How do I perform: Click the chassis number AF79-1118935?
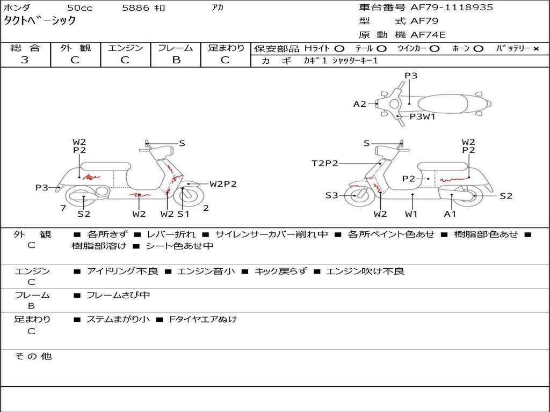(x=452, y=8)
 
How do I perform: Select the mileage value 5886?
(x=135, y=8)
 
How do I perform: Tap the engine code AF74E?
(x=428, y=35)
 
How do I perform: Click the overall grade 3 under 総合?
(x=25, y=60)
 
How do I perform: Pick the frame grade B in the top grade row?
(x=176, y=60)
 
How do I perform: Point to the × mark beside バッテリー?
(x=536, y=49)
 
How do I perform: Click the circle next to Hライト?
(x=339, y=49)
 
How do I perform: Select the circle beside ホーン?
(x=478, y=49)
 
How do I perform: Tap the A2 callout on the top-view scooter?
(x=359, y=104)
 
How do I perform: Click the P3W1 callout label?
(x=422, y=116)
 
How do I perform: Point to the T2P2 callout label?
(x=325, y=163)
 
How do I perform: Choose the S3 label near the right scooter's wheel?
(x=331, y=195)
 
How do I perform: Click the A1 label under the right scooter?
(x=450, y=214)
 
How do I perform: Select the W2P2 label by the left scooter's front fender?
(x=223, y=184)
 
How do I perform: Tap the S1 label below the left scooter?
(x=183, y=214)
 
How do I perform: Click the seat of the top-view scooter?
(x=443, y=104)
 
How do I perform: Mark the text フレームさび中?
(x=118, y=295)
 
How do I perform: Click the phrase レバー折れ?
(x=171, y=234)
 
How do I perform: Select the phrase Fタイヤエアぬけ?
(x=203, y=319)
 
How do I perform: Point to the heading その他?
(x=33, y=356)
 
